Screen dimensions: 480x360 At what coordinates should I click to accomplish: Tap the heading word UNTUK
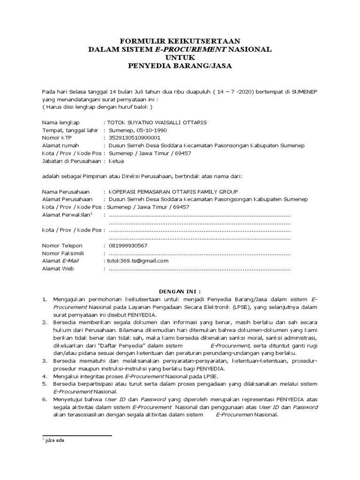pyautogui.click(x=180, y=57)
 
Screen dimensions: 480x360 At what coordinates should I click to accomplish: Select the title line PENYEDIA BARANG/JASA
pyautogui.click(x=180, y=66)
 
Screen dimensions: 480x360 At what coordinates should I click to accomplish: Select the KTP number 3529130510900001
pyautogui.click(x=134, y=138)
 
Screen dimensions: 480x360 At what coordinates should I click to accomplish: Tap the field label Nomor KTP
pyautogui.click(x=58, y=138)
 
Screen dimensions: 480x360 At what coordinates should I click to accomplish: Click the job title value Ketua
pyautogui.click(x=116, y=161)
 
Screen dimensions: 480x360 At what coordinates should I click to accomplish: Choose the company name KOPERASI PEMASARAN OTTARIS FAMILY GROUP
pyautogui.click(x=173, y=191)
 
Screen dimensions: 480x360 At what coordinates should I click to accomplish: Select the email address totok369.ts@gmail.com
pyautogui.click(x=135, y=261)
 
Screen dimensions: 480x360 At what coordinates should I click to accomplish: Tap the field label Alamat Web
pyautogui.click(x=58, y=269)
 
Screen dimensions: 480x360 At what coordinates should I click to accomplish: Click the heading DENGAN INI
pyautogui.click(x=180, y=291)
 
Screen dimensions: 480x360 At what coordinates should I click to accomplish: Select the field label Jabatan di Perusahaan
pyautogui.click(x=71, y=161)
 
